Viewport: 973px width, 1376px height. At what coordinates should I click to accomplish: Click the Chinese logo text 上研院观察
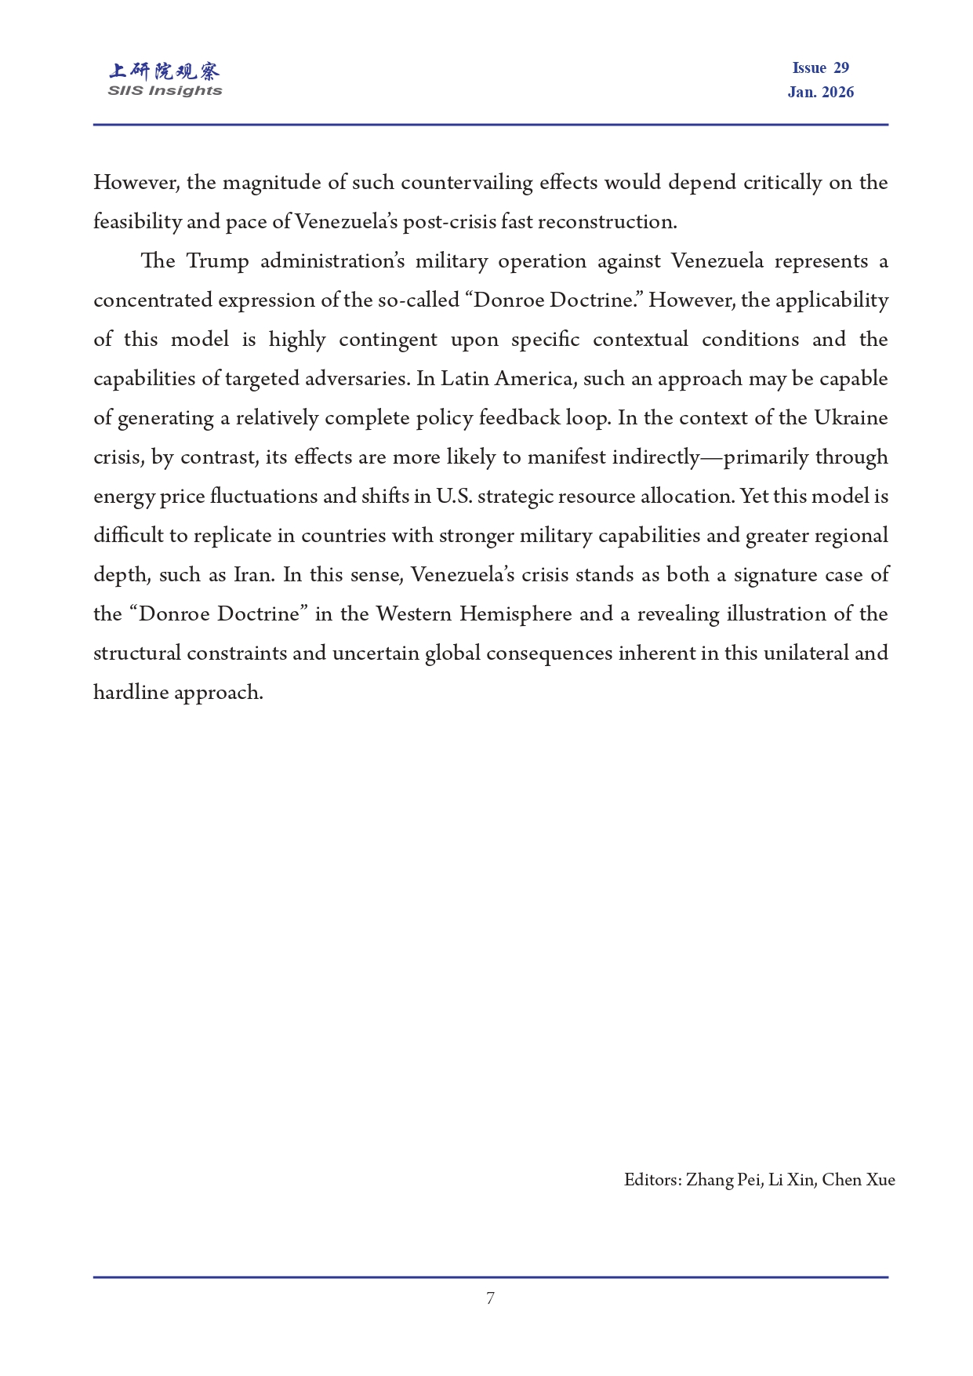[165, 71]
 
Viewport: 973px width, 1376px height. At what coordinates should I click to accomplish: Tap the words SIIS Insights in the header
[165, 91]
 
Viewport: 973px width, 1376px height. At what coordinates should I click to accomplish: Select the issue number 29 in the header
[840, 68]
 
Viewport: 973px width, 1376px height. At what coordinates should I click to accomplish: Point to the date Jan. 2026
[820, 93]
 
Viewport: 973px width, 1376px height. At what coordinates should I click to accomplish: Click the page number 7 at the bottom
[490, 1298]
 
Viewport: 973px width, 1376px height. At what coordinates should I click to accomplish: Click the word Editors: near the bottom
[652, 1180]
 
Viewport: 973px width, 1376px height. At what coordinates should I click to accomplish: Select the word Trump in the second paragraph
[217, 261]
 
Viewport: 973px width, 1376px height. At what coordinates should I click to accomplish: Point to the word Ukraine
[851, 418]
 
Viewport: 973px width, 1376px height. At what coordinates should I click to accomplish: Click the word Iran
[253, 575]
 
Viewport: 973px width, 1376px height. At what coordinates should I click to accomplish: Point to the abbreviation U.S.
[454, 497]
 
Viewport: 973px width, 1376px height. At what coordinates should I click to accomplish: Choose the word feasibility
[136, 222]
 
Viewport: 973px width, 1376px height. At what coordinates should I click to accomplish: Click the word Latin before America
[464, 379]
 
